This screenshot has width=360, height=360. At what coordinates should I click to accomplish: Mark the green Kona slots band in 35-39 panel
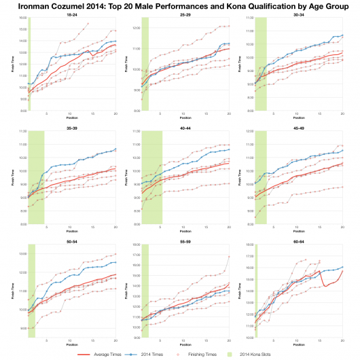point(36,177)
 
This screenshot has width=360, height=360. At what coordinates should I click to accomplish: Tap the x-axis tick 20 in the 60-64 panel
point(343,340)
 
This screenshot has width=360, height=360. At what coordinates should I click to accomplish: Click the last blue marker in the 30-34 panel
point(343,35)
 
